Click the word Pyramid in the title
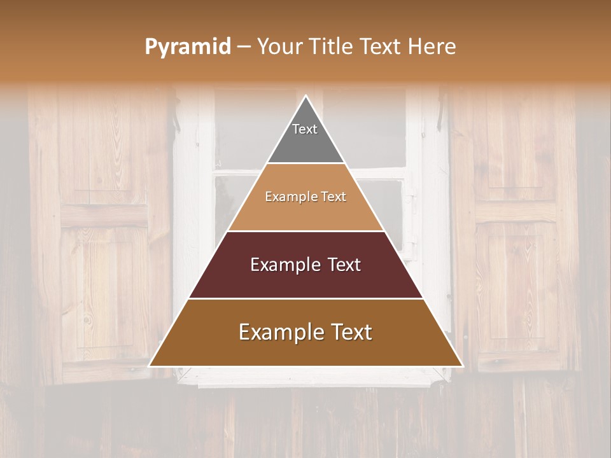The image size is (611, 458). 187,47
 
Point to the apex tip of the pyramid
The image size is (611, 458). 306,97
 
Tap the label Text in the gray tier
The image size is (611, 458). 304,129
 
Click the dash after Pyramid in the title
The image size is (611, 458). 244,47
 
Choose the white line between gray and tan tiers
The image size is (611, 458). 305,163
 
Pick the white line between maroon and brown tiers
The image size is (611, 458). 305,298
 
